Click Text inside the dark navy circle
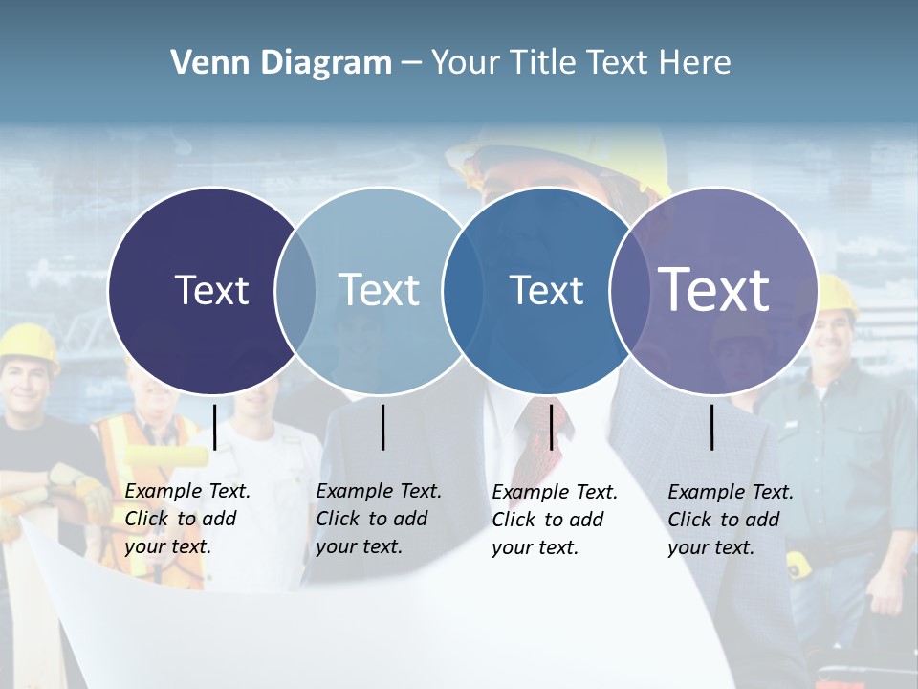(211, 290)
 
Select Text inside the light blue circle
(379, 290)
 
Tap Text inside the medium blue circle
(546, 290)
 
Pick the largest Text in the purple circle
(714, 289)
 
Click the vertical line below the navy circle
(214, 427)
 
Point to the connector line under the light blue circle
(382, 427)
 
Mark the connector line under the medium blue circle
(551, 427)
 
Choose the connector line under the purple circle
(712, 427)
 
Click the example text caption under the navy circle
(187, 519)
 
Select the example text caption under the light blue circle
(379, 519)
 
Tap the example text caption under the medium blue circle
(555, 520)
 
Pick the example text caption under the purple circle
(731, 520)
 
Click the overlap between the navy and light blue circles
(295, 290)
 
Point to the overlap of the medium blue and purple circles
(626, 290)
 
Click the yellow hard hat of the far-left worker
(29, 343)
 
